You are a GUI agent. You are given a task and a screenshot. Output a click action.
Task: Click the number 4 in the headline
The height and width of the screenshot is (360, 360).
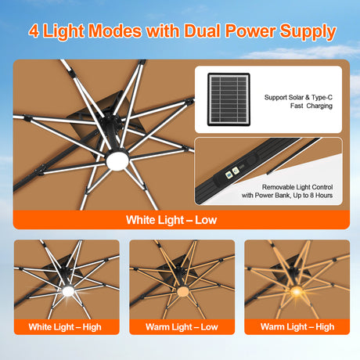pyautogui.click(x=34, y=32)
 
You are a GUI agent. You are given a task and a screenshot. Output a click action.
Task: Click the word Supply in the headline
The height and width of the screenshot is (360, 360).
pyautogui.click(x=308, y=32)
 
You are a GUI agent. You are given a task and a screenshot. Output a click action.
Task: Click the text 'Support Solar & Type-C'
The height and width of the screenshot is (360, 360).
pyautogui.click(x=299, y=98)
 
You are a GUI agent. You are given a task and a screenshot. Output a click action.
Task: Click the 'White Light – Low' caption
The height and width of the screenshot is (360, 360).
pyautogui.click(x=171, y=219)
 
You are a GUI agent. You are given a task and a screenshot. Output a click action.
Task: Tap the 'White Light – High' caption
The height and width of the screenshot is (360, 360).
pyautogui.click(x=66, y=326)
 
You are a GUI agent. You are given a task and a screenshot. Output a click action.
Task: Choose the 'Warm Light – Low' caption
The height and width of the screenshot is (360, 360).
pyautogui.click(x=181, y=326)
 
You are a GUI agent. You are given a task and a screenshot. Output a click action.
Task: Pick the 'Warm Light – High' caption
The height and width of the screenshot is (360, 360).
pyautogui.click(x=297, y=326)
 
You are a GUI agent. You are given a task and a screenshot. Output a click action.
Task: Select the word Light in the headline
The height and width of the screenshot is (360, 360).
pyautogui.click(x=65, y=32)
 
